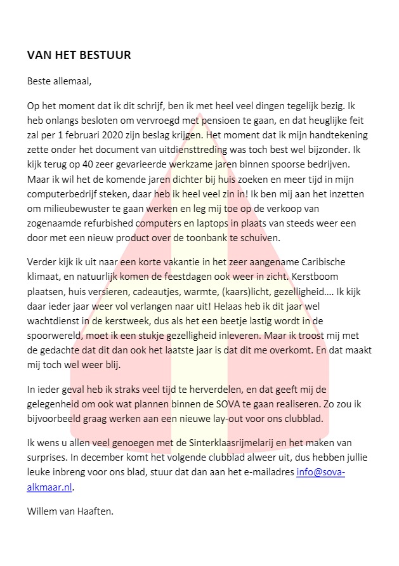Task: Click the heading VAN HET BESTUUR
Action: tap(79, 55)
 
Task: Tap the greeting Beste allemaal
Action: tap(60, 81)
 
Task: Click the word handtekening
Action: tap(337, 135)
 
